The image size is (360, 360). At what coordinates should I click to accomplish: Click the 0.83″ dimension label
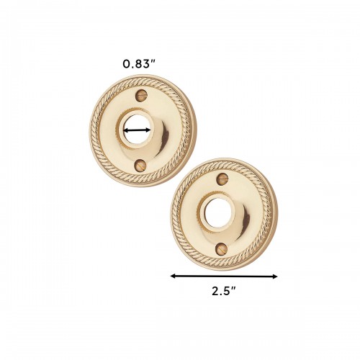point(139,64)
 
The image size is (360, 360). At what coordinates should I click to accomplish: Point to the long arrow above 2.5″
point(224,276)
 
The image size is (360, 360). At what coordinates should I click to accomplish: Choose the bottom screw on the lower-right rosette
point(220,249)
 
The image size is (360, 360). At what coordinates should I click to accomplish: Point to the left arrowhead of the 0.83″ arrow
point(126,130)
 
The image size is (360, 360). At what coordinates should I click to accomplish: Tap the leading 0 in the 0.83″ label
point(126,64)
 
